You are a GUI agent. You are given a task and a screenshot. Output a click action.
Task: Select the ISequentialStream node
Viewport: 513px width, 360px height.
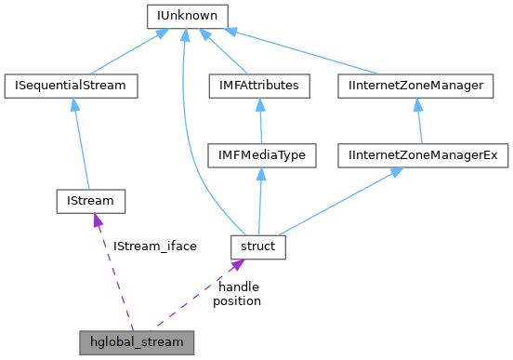(71, 86)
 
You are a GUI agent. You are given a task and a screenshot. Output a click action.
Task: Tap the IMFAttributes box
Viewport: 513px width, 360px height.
(259, 86)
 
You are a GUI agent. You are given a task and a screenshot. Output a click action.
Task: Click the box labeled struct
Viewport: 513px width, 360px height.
(258, 247)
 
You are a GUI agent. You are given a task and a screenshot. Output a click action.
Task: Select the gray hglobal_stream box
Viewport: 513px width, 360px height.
(137, 341)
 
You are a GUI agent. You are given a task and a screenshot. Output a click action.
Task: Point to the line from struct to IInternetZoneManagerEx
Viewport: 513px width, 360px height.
(335, 202)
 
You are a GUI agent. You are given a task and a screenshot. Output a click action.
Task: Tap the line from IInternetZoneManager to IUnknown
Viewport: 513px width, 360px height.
(307, 53)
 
